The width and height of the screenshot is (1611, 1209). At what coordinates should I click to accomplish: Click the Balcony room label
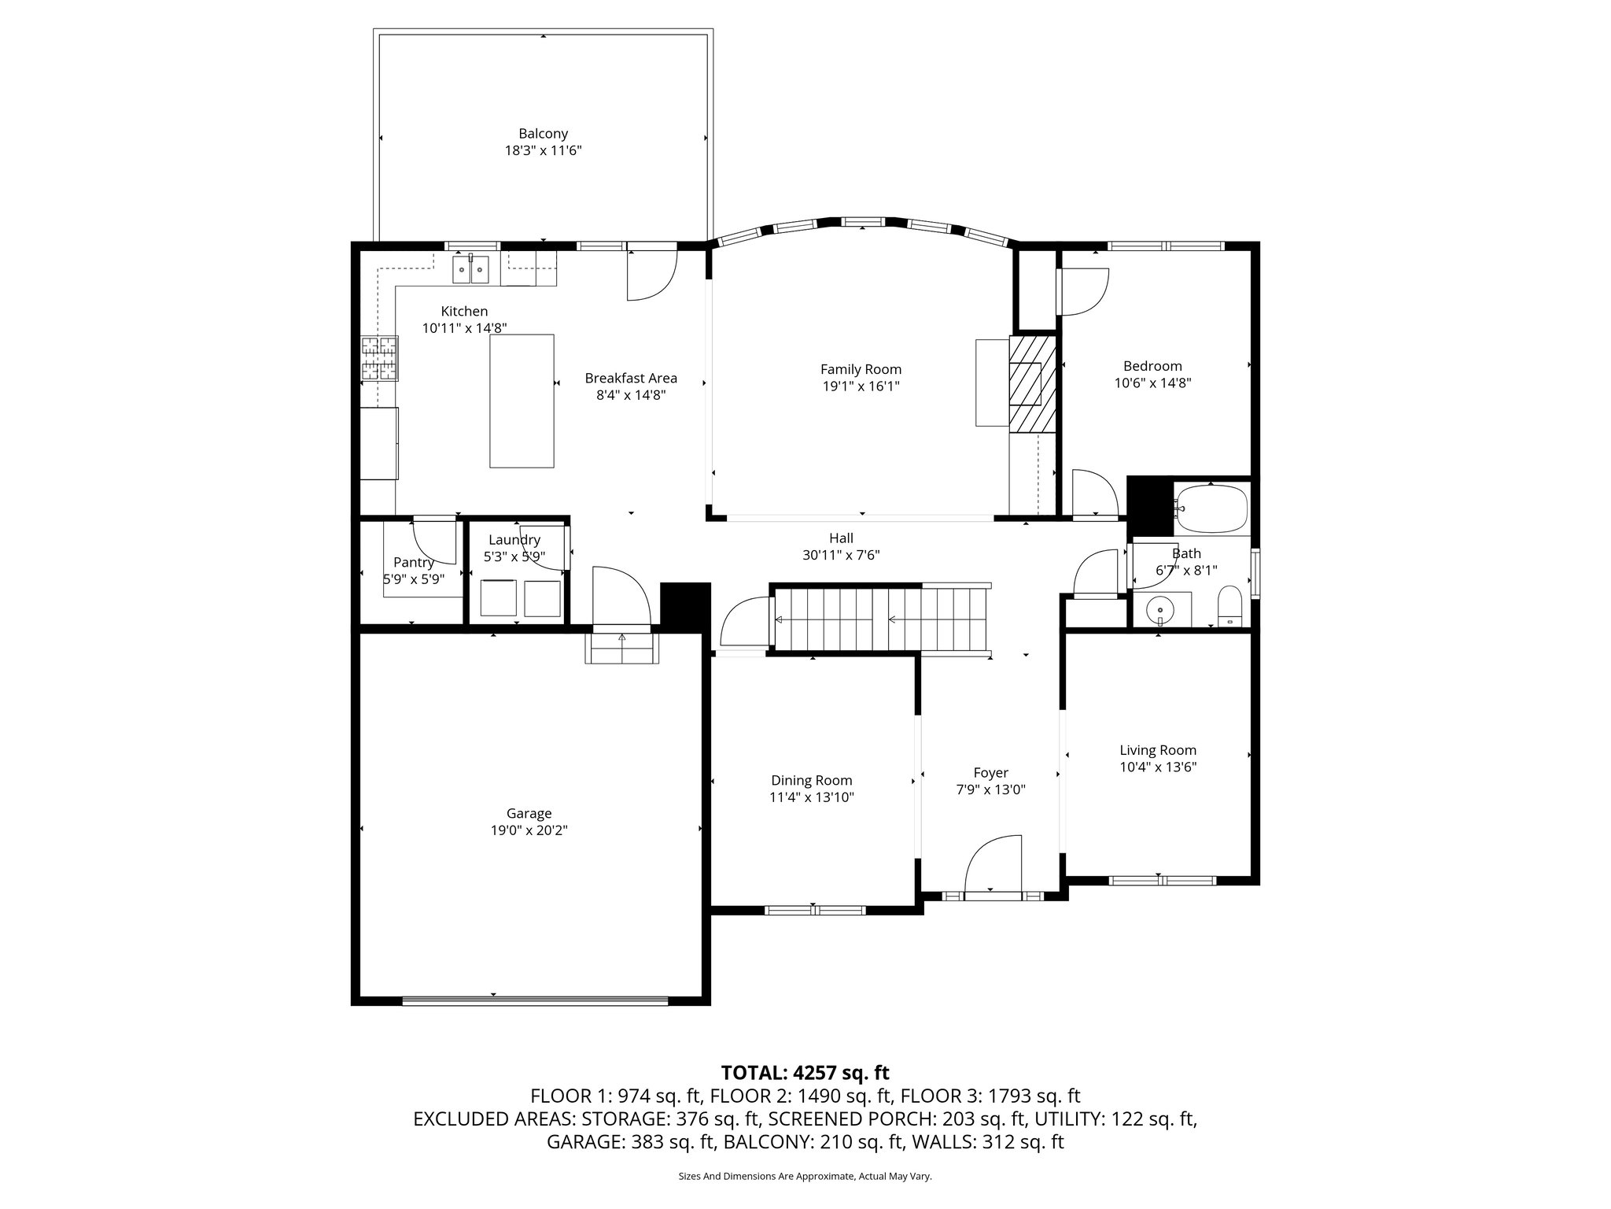pos(543,134)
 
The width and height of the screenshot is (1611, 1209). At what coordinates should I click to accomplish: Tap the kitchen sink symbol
pos(470,269)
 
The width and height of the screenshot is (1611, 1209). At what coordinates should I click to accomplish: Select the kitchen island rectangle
pos(522,401)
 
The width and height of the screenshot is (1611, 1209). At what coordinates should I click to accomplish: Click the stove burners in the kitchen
pos(379,359)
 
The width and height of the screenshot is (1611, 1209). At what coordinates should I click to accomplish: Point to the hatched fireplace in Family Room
pos(1032,383)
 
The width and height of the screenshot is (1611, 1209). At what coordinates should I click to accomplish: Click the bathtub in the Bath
pos(1211,509)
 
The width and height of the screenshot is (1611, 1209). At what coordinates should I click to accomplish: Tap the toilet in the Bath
pos(1229,607)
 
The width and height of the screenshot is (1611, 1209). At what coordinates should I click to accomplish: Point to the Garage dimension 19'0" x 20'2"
pos(529,830)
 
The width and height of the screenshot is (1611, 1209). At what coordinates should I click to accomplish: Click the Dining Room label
pos(811,780)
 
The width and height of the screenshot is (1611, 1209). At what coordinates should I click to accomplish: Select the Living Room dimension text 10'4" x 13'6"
pos(1158,767)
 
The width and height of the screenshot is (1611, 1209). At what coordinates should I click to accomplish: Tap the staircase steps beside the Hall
pos(880,619)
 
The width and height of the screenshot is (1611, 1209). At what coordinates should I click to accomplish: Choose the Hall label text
pos(841,538)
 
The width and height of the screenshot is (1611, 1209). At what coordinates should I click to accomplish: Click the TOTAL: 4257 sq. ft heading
pos(805,1072)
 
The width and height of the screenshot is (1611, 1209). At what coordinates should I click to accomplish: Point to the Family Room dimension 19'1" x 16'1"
pos(861,386)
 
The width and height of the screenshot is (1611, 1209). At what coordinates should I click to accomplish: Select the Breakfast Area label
pos(631,378)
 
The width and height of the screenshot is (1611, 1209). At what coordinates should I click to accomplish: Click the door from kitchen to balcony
pos(651,275)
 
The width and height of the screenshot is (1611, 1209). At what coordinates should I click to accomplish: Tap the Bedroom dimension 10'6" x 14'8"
pos(1152,383)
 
